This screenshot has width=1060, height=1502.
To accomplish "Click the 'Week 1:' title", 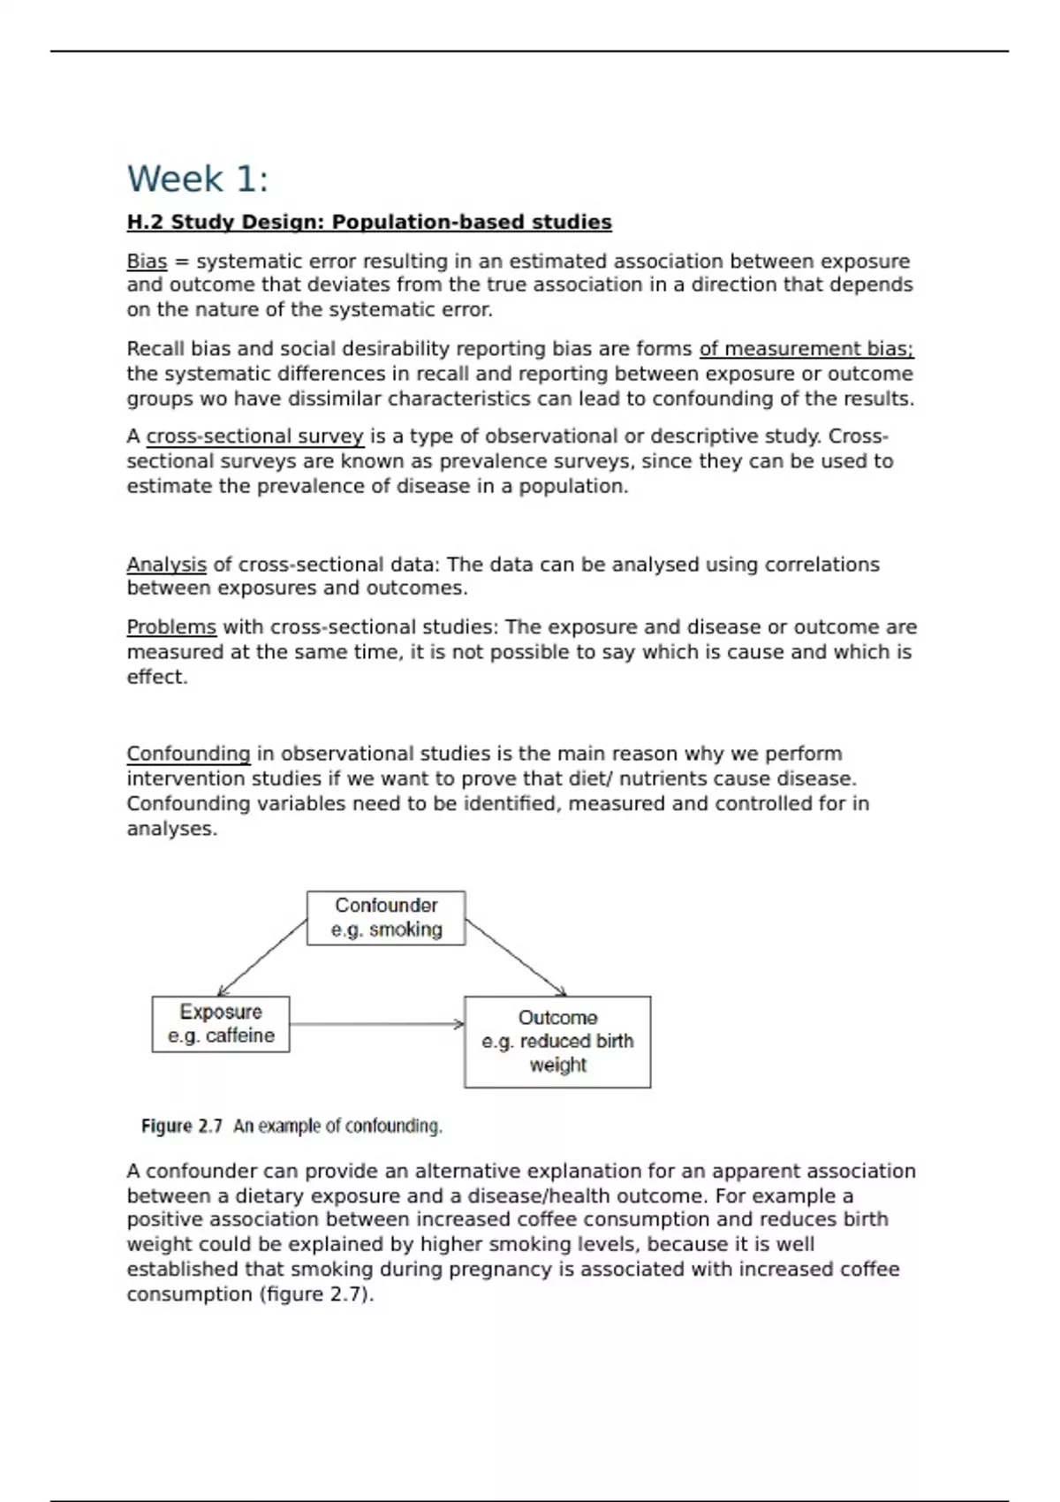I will click(197, 179).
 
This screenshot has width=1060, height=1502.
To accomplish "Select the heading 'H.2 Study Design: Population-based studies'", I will click(369, 222).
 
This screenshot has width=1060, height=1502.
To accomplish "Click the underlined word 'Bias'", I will click(147, 262).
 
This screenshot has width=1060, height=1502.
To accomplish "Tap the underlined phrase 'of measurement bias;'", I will click(806, 349).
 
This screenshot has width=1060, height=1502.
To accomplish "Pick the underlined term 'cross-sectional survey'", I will click(254, 436).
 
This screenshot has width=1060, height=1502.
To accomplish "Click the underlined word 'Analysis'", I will click(166, 565).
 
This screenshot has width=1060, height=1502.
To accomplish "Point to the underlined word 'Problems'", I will click(171, 627).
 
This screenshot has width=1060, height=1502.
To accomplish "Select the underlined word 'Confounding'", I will click(188, 754).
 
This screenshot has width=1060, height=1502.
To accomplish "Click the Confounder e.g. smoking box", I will click(386, 918).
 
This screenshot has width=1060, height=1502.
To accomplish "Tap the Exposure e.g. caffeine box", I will click(221, 1024).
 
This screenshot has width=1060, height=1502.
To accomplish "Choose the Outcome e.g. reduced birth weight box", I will click(557, 1042).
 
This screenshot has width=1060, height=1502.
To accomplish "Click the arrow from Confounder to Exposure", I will click(262, 958).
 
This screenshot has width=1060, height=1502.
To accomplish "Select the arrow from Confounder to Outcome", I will click(516, 958).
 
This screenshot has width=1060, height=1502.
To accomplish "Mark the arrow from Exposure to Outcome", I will click(376, 1025).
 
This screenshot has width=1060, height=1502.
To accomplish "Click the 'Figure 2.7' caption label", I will click(181, 1126).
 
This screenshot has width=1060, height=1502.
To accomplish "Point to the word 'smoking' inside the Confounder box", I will click(405, 929).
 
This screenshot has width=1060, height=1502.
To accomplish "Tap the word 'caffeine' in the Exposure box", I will click(239, 1035).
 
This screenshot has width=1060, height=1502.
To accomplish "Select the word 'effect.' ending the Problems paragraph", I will click(157, 678).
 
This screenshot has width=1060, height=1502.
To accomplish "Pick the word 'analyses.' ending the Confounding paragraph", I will click(171, 829).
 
